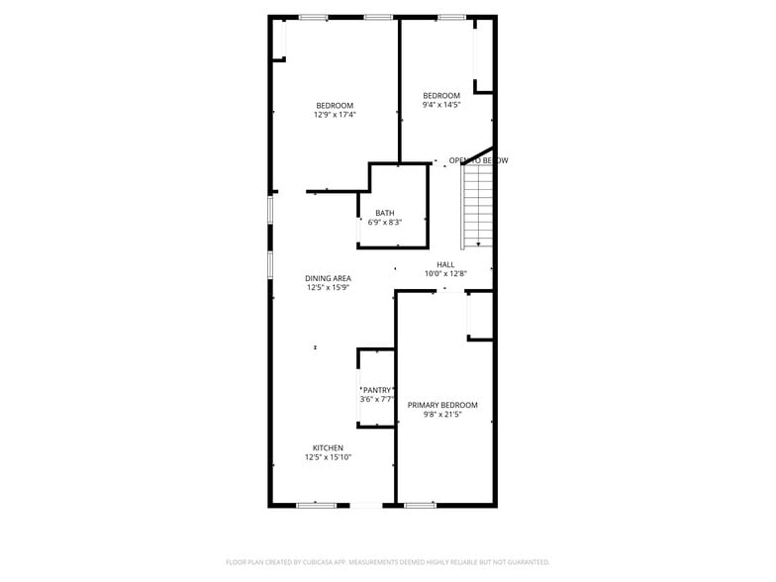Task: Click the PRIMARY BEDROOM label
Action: point(442,405)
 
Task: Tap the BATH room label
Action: point(384,213)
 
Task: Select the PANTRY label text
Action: point(378,390)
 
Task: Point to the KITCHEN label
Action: point(328,447)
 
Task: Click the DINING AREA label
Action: point(328,278)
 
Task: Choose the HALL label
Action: point(445,264)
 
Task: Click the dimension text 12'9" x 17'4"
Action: point(335,115)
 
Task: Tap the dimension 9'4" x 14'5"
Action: point(441,105)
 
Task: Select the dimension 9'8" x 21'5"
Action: point(442,415)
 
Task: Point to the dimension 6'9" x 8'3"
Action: point(384,222)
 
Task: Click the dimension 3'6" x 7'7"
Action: point(378,399)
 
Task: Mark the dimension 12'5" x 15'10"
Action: point(328,457)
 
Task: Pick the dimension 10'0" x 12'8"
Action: point(445,273)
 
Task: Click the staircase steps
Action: point(477,205)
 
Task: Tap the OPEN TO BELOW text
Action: point(478,160)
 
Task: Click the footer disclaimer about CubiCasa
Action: point(388,561)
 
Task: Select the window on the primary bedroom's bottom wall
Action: point(421,505)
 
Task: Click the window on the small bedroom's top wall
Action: point(451,17)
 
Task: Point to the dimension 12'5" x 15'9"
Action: point(328,288)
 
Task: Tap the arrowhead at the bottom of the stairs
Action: point(479,243)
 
